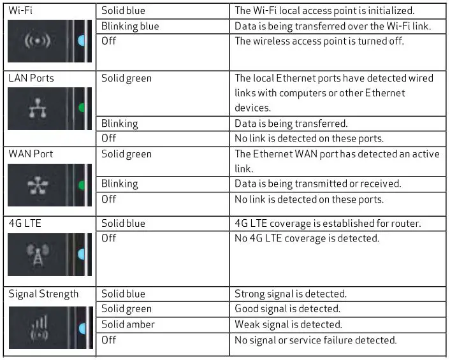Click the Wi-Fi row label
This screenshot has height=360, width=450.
[20, 11]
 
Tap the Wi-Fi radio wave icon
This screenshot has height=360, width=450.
[38, 41]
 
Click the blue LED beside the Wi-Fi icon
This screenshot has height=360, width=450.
[81, 41]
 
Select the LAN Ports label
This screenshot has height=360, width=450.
[31, 78]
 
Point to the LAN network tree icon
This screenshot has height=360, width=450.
[38, 108]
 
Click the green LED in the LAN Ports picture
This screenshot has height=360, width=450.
[82, 108]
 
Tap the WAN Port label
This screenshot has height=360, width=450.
[31, 154]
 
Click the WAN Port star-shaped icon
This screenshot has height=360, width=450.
[38, 185]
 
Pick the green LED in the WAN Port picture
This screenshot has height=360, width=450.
[82, 185]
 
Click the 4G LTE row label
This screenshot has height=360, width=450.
[25, 223]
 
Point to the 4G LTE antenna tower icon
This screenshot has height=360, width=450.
[38, 255]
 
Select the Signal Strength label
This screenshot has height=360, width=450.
[43, 294]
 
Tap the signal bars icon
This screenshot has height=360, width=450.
[40, 328]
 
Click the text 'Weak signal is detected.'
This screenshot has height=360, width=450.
[288, 324]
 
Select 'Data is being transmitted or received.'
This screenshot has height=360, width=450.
[317, 184]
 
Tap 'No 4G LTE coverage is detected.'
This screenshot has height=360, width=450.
[307, 238]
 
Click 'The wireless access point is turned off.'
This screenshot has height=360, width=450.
[319, 41]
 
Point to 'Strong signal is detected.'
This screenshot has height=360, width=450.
[291, 294]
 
